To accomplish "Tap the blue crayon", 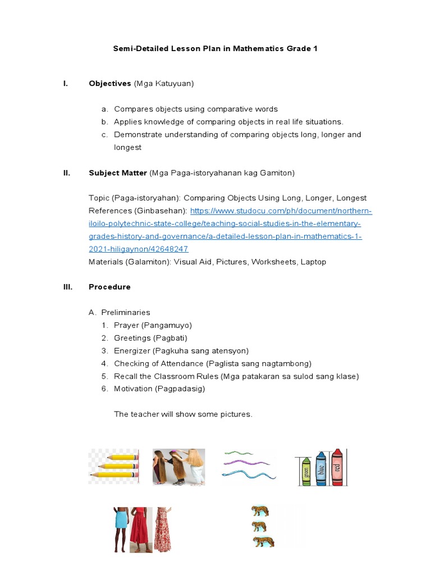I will tap(322, 468).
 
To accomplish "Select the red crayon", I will tap(337, 466).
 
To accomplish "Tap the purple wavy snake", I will tap(246, 463).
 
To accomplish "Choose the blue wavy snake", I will tap(249, 475).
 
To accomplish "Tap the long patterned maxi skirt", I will tap(162, 531).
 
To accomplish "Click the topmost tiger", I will tap(259, 511).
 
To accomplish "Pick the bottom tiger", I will tap(263, 542).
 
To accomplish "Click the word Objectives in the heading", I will tap(109, 84).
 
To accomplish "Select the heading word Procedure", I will tap(109, 287).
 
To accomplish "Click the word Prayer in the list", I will tap(126, 325).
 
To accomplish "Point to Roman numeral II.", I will tap(67, 173).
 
